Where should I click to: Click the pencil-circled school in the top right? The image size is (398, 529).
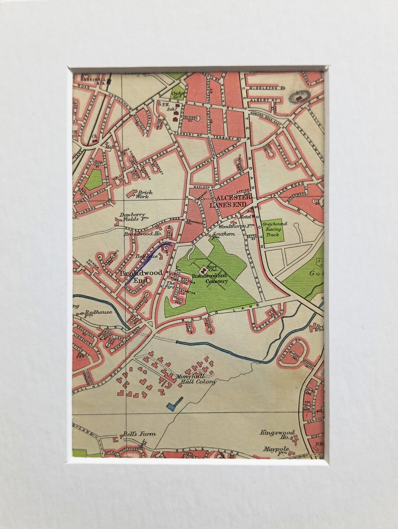click(x=301, y=97)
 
